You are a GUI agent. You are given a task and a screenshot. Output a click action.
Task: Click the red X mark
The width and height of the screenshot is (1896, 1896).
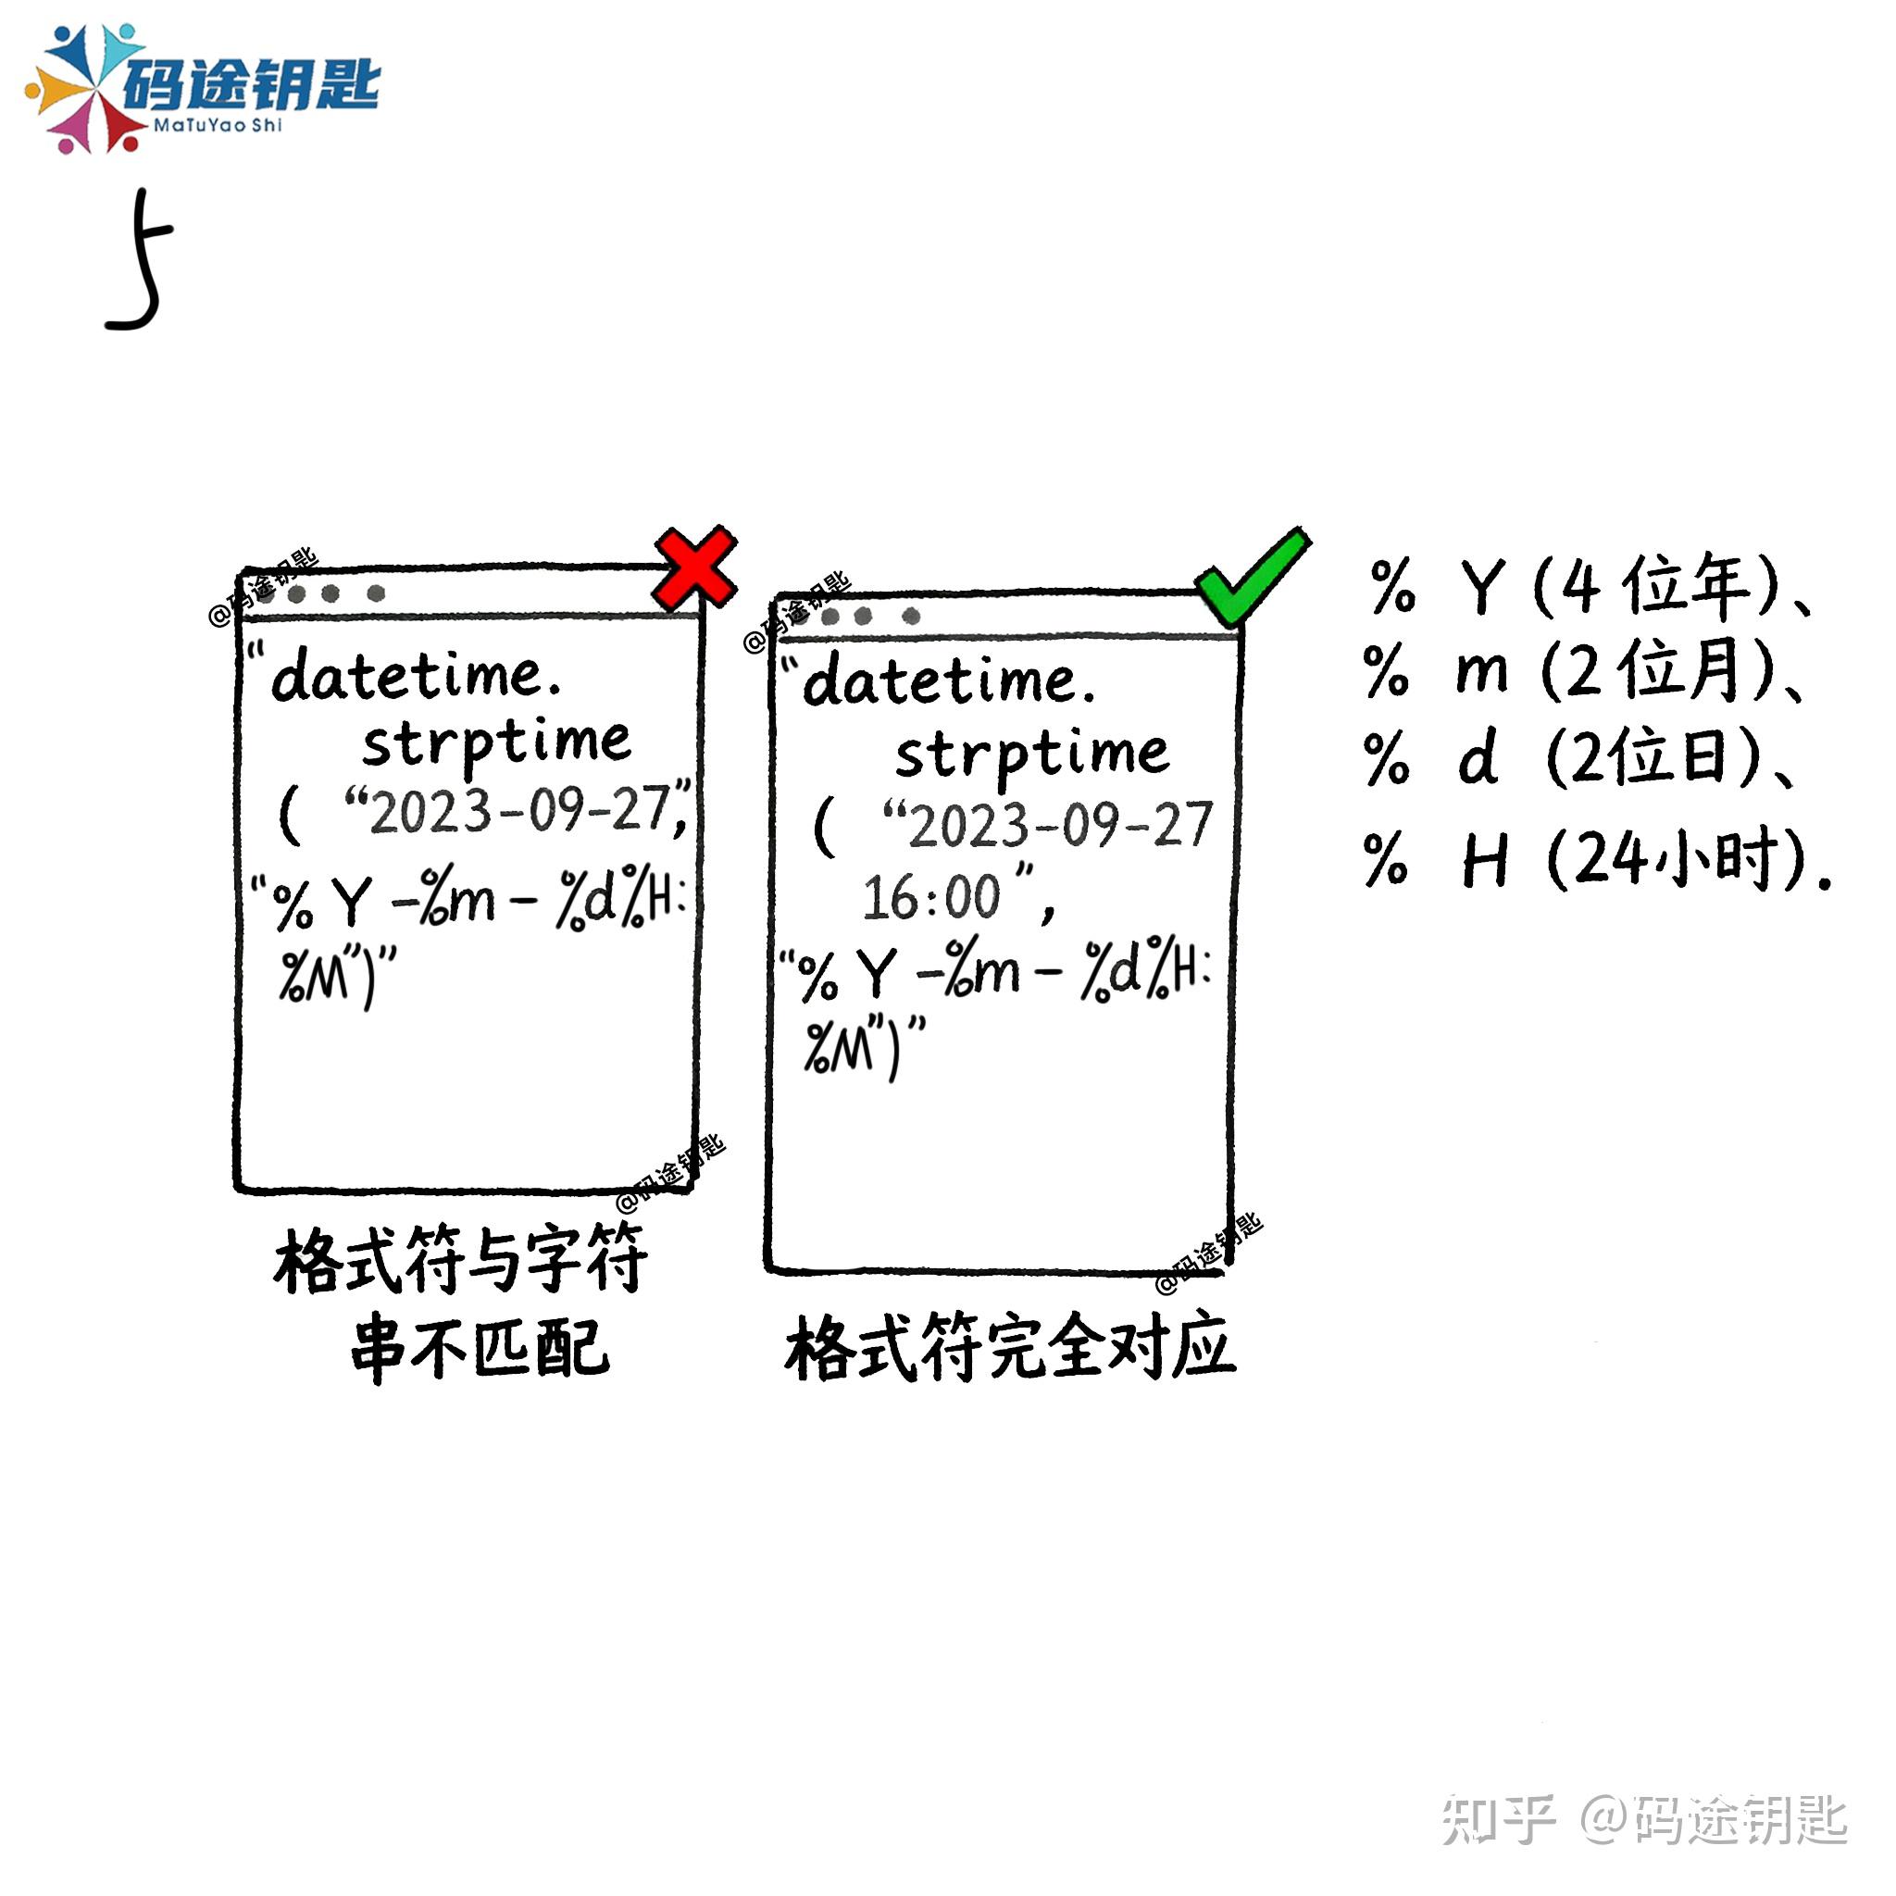[x=695, y=568]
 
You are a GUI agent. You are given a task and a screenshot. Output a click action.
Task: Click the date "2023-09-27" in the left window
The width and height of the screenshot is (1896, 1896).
[x=518, y=813]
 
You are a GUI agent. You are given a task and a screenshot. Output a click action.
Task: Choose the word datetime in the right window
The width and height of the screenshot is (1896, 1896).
[x=946, y=682]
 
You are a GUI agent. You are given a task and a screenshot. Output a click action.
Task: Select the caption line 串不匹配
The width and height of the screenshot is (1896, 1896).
[x=480, y=1347]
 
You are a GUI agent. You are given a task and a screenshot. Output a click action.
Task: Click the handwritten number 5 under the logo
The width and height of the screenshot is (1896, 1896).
[x=141, y=260]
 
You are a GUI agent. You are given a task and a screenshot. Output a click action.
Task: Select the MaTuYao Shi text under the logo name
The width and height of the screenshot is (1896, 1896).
[x=217, y=126]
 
